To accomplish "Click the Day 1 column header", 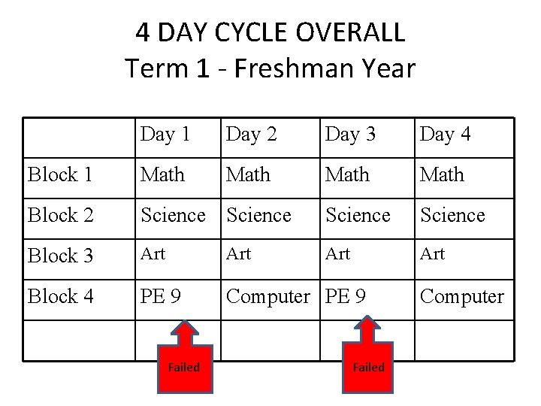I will coord(165,135).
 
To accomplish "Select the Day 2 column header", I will coord(252,135).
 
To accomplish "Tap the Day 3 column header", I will coord(349,135).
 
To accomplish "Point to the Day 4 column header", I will coord(445,135).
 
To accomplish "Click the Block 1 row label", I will coord(60,174).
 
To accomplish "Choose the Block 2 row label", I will coord(60,215).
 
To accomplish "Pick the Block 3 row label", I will coord(60,256).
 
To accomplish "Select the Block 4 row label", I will coord(60,296).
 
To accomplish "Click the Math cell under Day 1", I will coord(162,174).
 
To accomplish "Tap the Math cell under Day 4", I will coord(442,174).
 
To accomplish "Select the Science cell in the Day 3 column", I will coord(358,215).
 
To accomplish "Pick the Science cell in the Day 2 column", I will coord(258,215).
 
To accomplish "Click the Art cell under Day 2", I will coord(238,254).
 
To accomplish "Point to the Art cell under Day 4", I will coord(432,254).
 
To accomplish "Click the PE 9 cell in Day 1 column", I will coord(160,296).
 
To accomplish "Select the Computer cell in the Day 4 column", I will coord(461,296).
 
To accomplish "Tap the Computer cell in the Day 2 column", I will coord(267,296).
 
